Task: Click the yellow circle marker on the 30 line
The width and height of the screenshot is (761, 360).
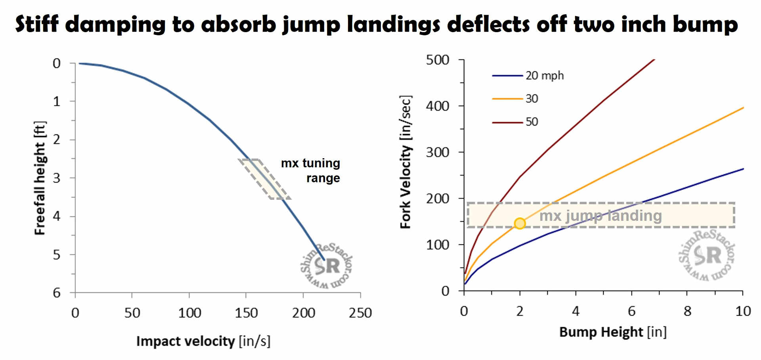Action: tap(520, 224)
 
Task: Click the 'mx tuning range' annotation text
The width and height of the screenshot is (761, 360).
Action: tap(310, 170)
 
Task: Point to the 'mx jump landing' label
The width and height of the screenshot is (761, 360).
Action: tap(600, 216)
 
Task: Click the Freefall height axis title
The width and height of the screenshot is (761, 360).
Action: tap(40, 178)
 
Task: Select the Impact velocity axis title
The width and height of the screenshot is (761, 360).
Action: tap(203, 341)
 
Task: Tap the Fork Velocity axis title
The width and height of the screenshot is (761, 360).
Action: tap(405, 162)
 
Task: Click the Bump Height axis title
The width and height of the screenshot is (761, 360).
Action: tap(613, 332)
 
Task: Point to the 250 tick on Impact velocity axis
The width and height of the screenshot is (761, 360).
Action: tap(360, 313)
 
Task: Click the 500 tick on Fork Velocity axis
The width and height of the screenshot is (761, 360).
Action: tap(438, 60)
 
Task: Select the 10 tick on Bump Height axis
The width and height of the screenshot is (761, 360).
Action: tap(743, 311)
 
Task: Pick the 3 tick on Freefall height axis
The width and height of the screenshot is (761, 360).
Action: tap(57, 178)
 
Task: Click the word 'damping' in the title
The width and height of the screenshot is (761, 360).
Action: tap(115, 25)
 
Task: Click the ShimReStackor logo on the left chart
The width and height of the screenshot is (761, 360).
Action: tap(327, 265)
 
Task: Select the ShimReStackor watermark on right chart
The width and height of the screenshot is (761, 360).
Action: tap(707, 255)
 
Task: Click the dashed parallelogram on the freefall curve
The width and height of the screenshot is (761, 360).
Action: tap(264, 179)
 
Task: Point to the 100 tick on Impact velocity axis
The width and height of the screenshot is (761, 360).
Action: tap(189, 313)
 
